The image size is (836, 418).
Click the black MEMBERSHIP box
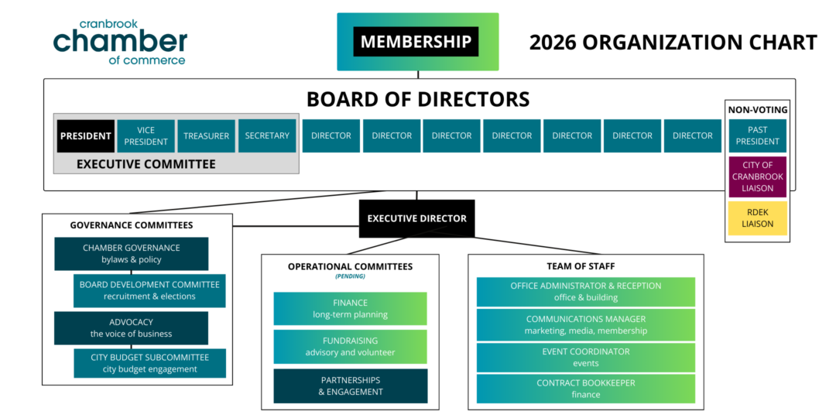(x=416, y=42)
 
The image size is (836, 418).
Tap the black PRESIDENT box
(x=86, y=136)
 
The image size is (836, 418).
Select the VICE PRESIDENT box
(x=146, y=136)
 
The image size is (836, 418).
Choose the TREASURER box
(x=206, y=136)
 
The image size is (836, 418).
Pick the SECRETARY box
(x=267, y=136)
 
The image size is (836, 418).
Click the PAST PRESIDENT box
(x=757, y=135)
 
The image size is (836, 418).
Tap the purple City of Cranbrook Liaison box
(x=757, y=176)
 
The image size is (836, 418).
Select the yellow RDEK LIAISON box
(x=757, y=218)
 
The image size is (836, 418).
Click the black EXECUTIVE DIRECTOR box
(x=416, y=218)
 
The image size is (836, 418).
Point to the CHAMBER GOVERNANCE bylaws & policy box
(x=131, y=254)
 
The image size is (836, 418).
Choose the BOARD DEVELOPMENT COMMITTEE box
(x=149, y=290)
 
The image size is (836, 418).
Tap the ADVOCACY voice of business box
(x=131, y=327)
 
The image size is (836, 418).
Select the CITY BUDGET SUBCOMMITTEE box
(x=149, y=363)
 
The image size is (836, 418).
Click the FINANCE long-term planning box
(x=350, y=309)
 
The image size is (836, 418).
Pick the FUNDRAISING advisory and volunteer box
(x=350, y=346)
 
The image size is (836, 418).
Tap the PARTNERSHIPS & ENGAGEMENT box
(x=350, y=385)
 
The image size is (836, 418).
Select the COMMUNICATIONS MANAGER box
(x=585, y=324)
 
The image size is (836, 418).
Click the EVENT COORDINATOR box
(x=585, y=358)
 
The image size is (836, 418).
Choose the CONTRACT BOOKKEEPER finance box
(x=585, y=389)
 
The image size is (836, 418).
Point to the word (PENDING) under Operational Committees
(x=350, y=276)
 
